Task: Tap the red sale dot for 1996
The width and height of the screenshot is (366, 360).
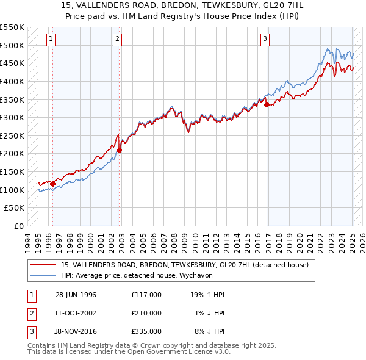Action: coord(53,183)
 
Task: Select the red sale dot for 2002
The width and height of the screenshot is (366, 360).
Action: coord(120,149)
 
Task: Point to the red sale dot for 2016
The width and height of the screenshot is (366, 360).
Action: coord(267,104)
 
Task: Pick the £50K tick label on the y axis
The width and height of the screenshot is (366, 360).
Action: coord(16,208)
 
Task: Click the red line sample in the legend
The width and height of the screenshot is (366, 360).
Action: coord(43,265)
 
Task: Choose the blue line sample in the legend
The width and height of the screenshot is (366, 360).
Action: coord(43,275)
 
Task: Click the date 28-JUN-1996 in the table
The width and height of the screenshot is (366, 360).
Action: coord(76,295)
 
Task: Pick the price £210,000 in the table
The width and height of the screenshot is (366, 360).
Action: coord(146,313)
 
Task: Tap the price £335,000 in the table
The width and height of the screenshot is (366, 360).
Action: coord(146,331)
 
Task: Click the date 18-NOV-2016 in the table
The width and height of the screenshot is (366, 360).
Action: coord(76,331)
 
